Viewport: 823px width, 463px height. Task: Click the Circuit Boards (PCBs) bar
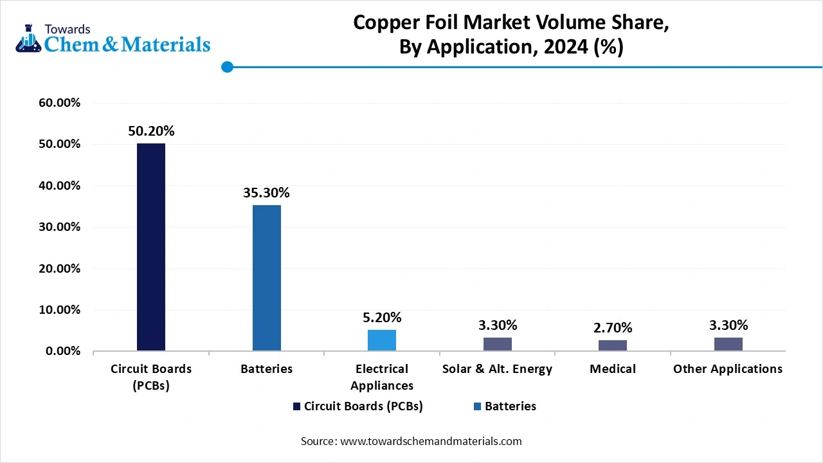point(151,247)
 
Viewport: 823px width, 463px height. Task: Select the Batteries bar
point(266,278)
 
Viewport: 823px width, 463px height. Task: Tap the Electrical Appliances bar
point(382,340)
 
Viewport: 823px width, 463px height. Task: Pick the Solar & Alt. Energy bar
point(497,344)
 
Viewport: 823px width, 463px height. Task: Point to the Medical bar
point(613,345)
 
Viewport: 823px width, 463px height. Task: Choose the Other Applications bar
point(728,344)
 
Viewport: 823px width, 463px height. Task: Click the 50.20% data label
point(151,131)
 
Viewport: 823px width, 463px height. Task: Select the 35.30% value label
point(266,192)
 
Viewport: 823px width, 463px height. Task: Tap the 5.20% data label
point(382,317)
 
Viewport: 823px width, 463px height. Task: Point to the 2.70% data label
point(613,329)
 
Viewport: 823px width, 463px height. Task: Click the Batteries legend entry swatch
point(477,406)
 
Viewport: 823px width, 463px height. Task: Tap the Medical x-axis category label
point(613,369)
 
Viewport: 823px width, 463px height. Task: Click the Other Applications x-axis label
point(728,369)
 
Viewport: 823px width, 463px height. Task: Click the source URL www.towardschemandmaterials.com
point(430,441)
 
